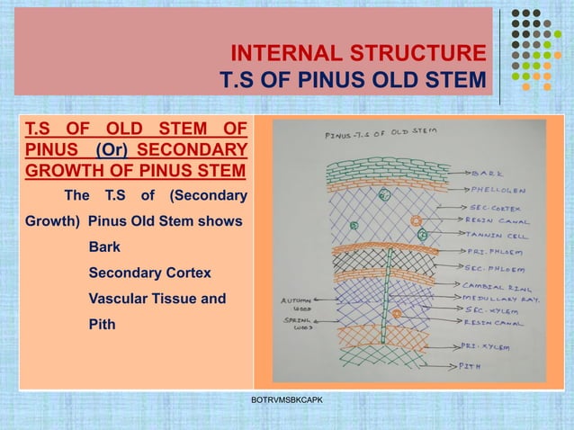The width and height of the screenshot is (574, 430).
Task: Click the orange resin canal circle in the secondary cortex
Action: (x=416, y=220)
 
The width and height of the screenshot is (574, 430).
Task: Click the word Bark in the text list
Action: (x=103, y=247)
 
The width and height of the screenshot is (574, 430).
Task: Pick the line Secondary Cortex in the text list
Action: (x=145, y=273)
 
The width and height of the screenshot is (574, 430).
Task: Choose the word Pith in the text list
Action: (x=102, y=323)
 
